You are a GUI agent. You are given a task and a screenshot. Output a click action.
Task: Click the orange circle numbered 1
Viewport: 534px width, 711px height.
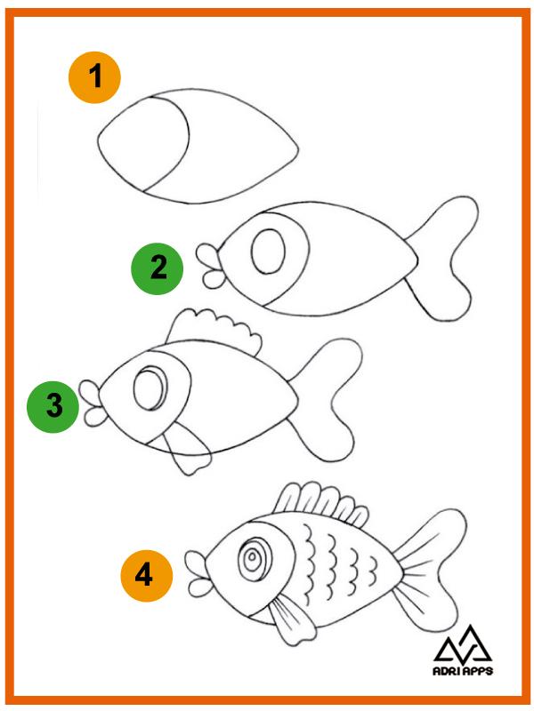pos(94,77)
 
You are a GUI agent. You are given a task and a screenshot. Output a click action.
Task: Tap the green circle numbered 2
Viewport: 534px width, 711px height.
pos(158,268)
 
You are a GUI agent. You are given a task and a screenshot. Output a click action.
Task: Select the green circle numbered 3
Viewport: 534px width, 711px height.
pos(53,406)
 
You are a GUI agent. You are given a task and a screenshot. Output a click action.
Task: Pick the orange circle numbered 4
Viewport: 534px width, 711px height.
pos(147,576)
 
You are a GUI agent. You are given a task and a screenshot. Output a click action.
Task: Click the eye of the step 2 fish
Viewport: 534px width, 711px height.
pos(269,252)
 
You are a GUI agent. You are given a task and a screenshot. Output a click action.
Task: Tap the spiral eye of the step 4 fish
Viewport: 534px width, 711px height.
pos(253,559)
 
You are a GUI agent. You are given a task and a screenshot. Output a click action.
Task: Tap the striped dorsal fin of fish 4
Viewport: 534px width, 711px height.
pos(320,502)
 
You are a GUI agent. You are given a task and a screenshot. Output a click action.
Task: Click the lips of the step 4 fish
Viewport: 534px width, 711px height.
pos(198,573)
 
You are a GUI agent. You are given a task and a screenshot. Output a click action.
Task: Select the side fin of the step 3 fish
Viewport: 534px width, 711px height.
pos(184,448)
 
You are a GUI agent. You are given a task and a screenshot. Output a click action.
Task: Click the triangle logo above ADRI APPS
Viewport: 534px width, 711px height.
pos(463,644)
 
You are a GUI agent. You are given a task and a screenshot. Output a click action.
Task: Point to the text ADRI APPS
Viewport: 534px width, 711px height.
pos(463,671)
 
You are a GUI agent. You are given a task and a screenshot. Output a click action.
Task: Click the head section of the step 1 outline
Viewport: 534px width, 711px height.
pos(144,143)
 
